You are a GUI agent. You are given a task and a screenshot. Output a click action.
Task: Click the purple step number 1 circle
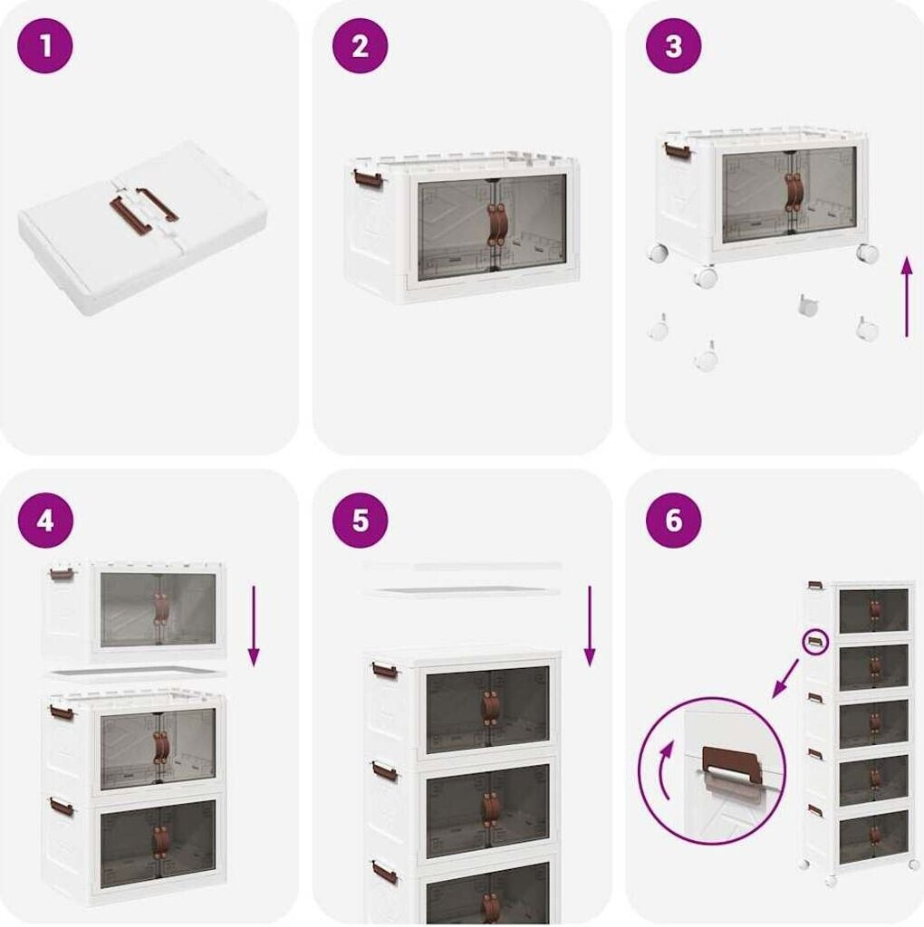coord(45,46)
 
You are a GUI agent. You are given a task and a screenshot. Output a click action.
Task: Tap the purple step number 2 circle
coord(360,46)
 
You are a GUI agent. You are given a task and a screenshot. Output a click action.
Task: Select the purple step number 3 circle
coord(673,46)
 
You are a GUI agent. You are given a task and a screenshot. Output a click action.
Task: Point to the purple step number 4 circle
coord(45,521)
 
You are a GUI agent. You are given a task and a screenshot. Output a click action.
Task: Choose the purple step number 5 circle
coord(360,521)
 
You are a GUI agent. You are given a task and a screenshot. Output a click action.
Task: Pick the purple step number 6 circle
coord(673,521)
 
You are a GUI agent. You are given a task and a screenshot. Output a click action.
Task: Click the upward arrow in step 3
coord(906,297)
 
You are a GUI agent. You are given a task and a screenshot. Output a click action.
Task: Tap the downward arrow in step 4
coord(254,626)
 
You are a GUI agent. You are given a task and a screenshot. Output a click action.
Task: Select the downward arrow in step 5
coord(589,626)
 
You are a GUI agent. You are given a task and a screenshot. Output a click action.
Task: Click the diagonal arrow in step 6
coord(787,678)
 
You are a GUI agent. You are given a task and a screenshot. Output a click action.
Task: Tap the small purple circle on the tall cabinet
coord(815,643)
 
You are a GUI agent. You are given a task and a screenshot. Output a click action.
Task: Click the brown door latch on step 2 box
coord(495,225)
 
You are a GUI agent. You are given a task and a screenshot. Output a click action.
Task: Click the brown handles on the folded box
coord(143,207)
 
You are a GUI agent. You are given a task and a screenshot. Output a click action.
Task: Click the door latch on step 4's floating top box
coord(161,608)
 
